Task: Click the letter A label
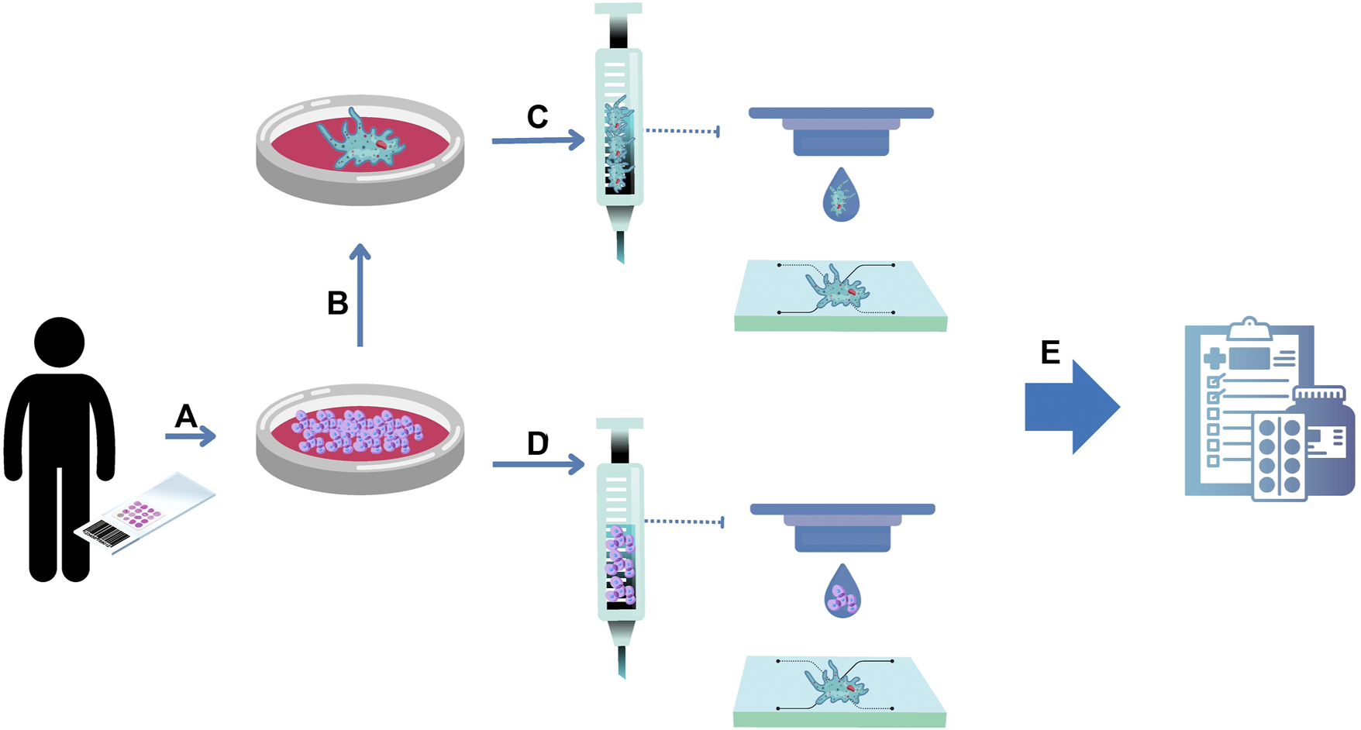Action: [x=185, y=417]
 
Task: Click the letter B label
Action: [x=337, y=304]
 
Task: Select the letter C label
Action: [x=537, y=118]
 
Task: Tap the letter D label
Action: [x=537, y=444]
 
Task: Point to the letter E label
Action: [x=1049, y=353]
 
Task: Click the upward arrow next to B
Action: [x=360, y=294]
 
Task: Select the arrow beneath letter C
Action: [x=537, y=140]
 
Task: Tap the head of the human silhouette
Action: [x=60, y=342]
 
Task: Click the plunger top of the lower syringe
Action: [x=619, y=423]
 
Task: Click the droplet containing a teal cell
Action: [x=840, y=198]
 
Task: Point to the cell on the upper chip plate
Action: [x=837, y=288]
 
